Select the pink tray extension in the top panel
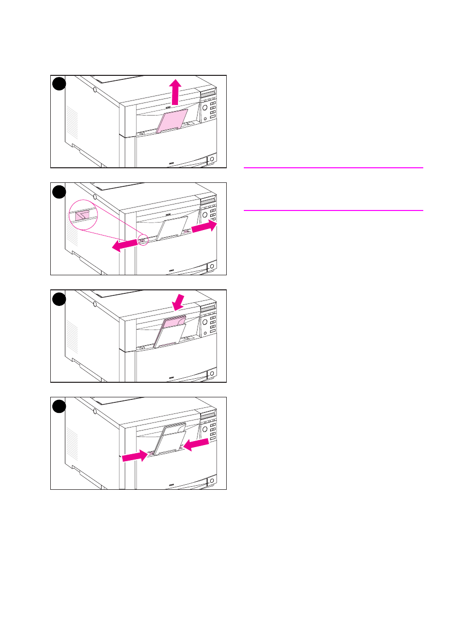pyautogui.click(x=172, y=121)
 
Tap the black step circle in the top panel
pyautogui.click(x=59, y=84)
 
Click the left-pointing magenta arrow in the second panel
pyautogui.click(x=124, y=245)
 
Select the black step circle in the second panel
pyautogui.click(x=59, y=191)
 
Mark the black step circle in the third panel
pyautogui.click(x=59, y=298)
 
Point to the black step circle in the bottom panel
pyautogui.click(x=59, y=406)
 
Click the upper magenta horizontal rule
pyautogui.click(x=333, y=168)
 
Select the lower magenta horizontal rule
pyautogui.click(x=333, y=210)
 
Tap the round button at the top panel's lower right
pyautogui.click(x=212, y=159)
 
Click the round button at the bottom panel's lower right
pyautogui.click(x=212, y=481)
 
